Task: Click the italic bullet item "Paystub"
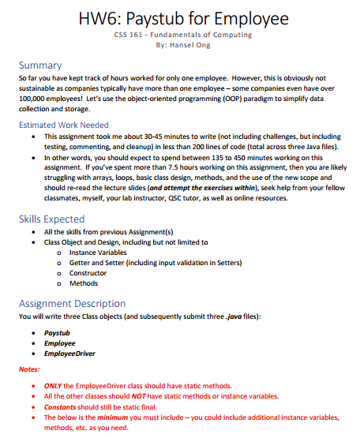[x=58, y=333]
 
